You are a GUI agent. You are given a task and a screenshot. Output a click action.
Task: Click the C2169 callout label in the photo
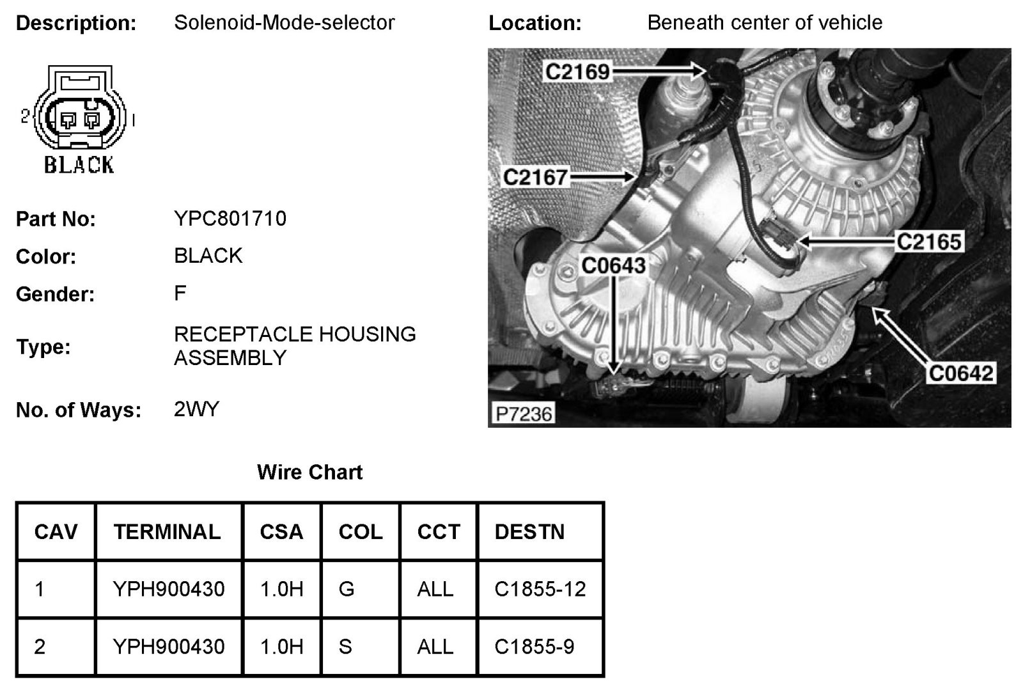click(577, 71)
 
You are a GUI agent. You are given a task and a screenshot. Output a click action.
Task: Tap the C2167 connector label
click(535, 176)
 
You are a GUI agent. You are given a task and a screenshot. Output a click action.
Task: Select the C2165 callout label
click(928, 242)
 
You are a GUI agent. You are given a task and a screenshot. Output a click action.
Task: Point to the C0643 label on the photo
click(613, 265)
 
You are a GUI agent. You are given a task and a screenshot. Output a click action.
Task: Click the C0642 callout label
click(961, 373)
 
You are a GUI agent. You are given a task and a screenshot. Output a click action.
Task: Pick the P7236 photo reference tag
click(524, 414)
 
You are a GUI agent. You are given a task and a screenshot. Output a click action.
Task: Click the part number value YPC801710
click(230, 219)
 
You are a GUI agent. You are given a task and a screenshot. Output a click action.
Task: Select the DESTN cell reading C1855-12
click(540, 589)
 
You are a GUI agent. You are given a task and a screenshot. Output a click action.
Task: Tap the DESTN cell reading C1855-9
click(535, 646)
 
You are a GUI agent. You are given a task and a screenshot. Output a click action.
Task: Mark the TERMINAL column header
click(168, 532)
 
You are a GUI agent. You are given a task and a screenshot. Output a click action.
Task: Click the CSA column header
click(281, 532)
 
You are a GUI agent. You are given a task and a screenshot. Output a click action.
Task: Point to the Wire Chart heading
click(309, 472)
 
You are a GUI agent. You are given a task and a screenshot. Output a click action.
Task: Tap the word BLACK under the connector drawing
click(79, 165)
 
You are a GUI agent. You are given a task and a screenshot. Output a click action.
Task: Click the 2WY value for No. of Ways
click(196, 409)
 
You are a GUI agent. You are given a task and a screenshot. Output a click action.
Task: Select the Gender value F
click(180, 293)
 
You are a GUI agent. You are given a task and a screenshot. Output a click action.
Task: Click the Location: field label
click(535, 24)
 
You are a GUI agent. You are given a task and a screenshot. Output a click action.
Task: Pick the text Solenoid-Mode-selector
click(285, 23)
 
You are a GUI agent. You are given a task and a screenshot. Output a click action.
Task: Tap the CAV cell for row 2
click(40, 646)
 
